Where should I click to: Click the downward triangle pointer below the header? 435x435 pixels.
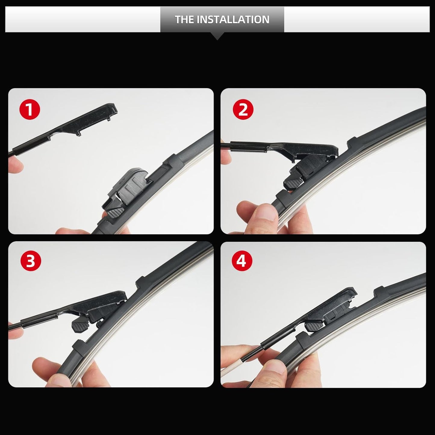(x=218, y=36)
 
